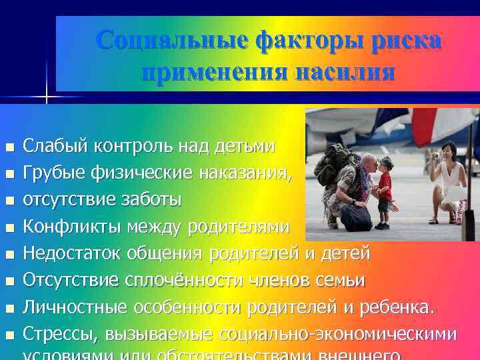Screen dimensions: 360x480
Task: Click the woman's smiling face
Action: coord(451,149)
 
